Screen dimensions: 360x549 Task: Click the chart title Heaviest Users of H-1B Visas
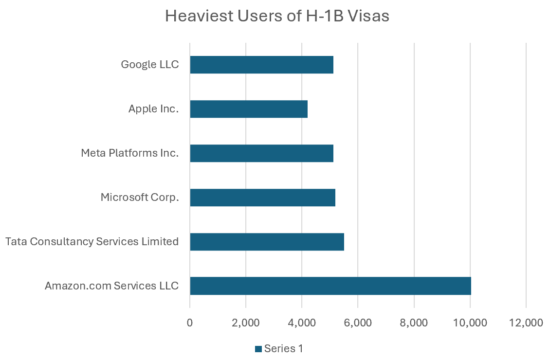pyautogui.click(x=277, y=16)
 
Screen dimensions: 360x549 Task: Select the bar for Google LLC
pyautogui.click(x=261, y=65)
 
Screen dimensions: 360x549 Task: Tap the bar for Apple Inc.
pyautogui.click(x=249, y=109)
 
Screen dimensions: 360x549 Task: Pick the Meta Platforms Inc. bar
pyautogui.click(x=261, y=153)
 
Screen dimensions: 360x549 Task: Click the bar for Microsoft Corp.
pyautogui.click(x=262, y=198)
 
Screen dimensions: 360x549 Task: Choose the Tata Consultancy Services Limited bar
pyautogui.click(x=267, y=242)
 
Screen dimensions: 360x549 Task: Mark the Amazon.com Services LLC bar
pyautogui.click(x=330, y=286)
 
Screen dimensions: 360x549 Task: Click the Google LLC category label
pyautogui.click(x=150, y=65)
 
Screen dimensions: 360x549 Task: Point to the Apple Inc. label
pyautogui.click(x=154, y=109)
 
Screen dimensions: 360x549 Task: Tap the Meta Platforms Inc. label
pyautogui.click(x=130, y=153)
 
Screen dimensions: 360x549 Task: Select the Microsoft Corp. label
pyautogui.click(x=140, y=198)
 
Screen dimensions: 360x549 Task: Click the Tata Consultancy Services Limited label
pyautogui.click(x=92, y=242)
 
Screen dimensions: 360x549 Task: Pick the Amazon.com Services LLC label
pyautogui.click(x=111, y=286)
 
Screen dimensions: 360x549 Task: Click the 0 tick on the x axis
pyautogui.click(x=190, y=324)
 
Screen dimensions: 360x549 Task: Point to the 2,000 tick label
pyautogui.click(x=246, y=324)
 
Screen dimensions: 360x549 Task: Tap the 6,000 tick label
pyautogui.click(x=358, y=324)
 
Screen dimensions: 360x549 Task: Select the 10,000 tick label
pyautogui.click(x=470, y=324)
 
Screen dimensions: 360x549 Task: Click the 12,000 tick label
pyautogui.click(x=526, y=324)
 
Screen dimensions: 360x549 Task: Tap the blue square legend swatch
pyautogui.click(x=258, y=349)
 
